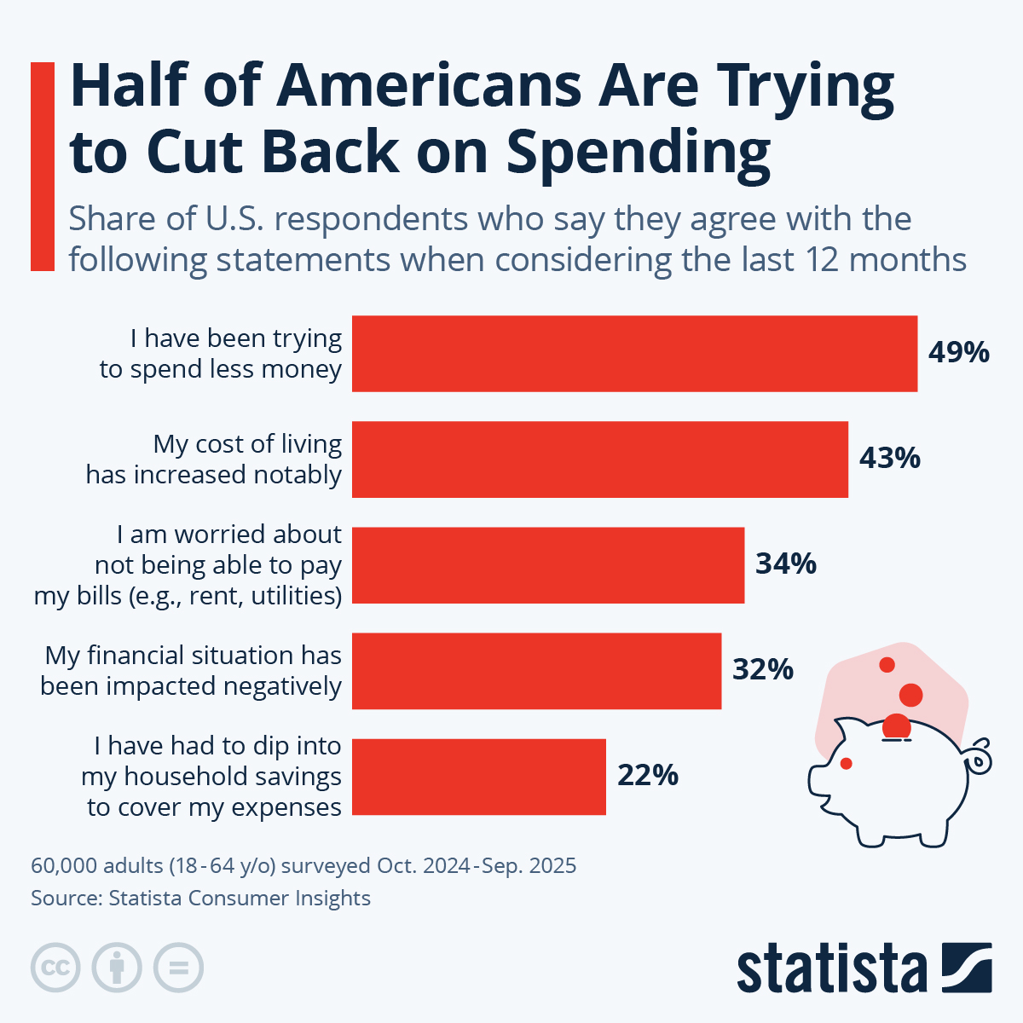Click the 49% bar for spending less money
pos(634,354)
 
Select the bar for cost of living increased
pos(599,459)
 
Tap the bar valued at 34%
pos(547,565)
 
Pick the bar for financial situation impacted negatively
pos(536,671)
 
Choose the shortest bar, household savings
pos(478,777)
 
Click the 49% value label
pos(959,352)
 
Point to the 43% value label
pos(889,459)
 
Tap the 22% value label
pos(648,776)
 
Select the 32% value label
pos(763,670)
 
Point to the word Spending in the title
pos(639,153)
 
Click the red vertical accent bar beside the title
pos(43,166)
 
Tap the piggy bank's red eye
pos(846,762)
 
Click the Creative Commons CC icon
pos(55,968)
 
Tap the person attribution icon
pos(117,968)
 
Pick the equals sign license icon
pos(178,968)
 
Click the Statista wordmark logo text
pos(831,969)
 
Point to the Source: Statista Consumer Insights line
pos(201,898)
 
